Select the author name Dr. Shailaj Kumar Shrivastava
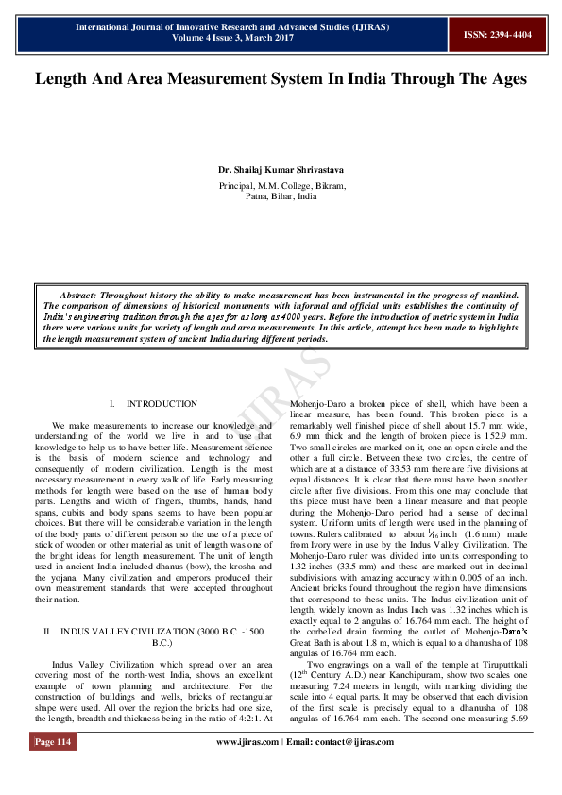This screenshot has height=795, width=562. click(281, 170)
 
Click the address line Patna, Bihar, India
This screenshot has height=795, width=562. click(281, 197)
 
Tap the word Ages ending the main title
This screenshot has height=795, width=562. click(503, 79)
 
